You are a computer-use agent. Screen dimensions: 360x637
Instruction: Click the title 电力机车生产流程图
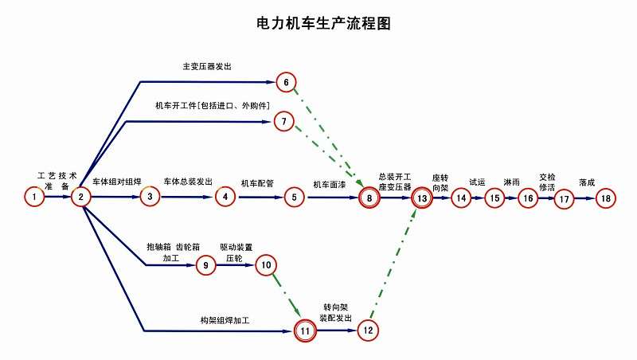[323, 23]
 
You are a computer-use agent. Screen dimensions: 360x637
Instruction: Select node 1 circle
[34, 196]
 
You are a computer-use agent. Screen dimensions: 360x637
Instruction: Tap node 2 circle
[80, 196]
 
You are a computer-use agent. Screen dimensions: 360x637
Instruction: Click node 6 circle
[287, 81]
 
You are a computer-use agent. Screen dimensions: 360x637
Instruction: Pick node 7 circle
[284, 121]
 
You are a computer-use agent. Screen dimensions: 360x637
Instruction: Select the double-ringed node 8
[369, 198]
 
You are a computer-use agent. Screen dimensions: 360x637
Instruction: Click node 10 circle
[266, 265]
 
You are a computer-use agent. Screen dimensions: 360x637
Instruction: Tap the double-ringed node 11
[306, 330]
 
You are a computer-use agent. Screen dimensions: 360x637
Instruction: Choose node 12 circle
[367, 330]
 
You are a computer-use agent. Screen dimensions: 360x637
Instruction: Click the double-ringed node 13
[422, 198]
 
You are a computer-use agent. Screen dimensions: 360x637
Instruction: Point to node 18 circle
[606, 198]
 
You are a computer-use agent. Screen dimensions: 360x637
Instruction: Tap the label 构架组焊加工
[225, 320]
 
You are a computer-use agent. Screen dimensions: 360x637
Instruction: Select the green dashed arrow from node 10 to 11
[286, 294]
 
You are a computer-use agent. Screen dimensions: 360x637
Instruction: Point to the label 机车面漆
[330, 184]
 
